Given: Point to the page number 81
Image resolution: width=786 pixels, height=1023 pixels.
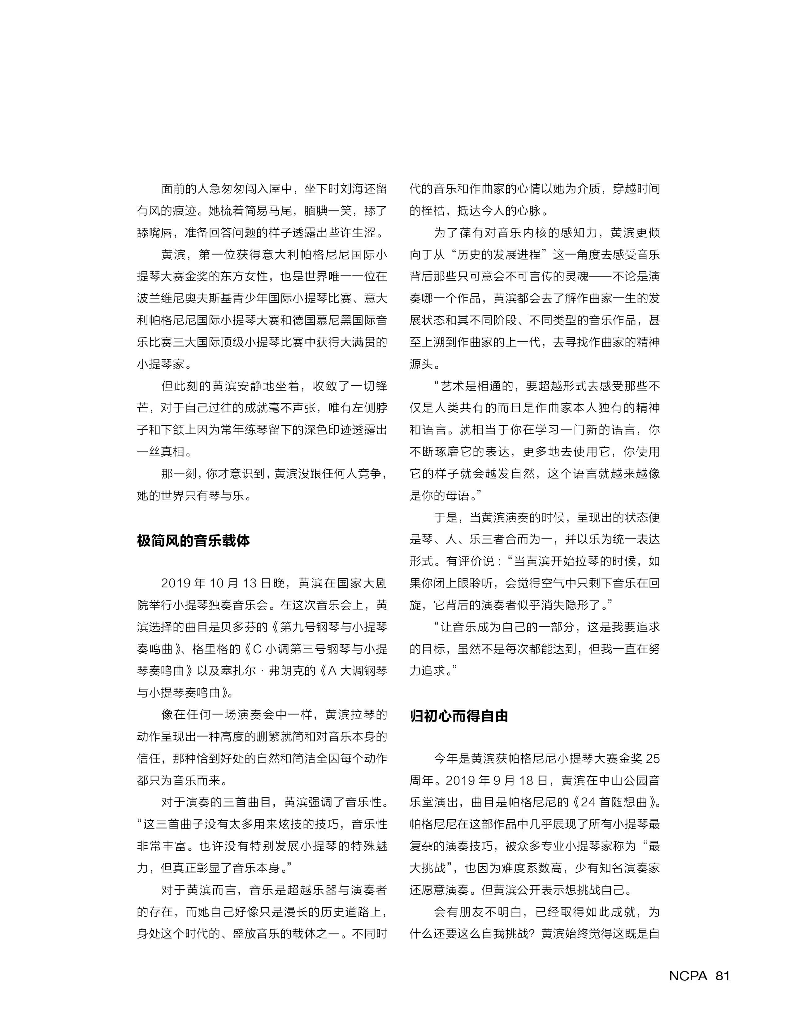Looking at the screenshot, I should point(722,975).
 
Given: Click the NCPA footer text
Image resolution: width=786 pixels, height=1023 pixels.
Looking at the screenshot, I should point(688,975).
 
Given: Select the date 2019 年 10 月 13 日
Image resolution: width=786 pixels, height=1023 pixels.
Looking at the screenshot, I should point(217,583).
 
